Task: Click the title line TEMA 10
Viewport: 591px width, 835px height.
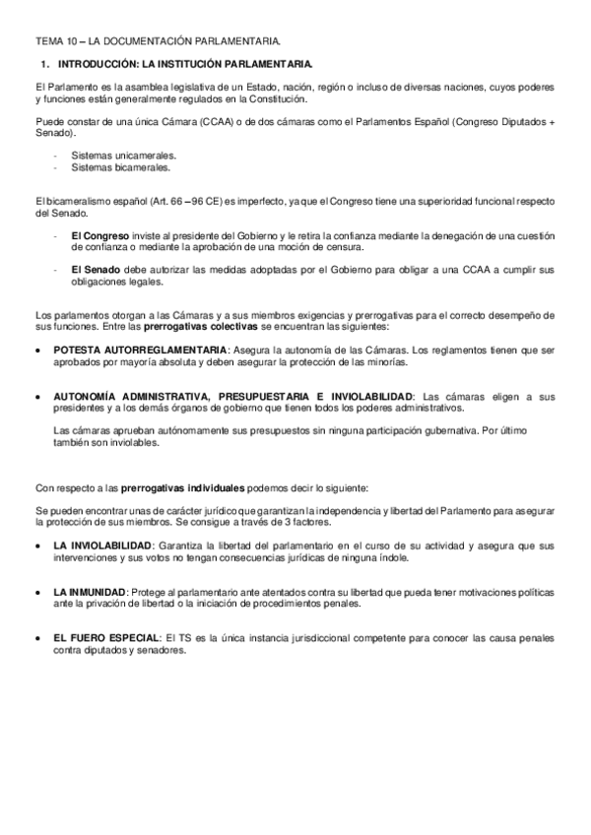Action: click(x=158, y=40)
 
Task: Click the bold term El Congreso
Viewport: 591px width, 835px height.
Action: click(x=98, y=235)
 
